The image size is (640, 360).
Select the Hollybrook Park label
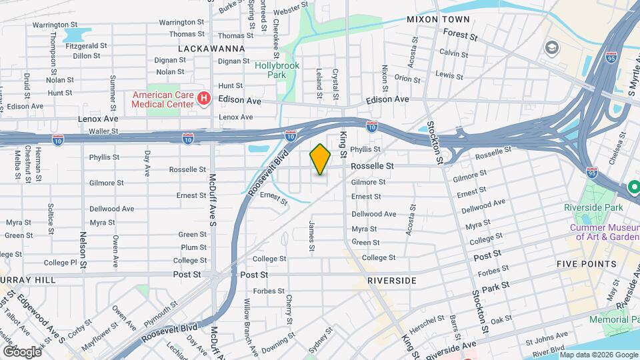tap(277, 71)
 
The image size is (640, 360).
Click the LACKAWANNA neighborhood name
tap(211, 49)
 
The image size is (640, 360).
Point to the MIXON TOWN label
tap(438, 20)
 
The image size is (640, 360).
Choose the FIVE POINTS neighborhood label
tap(587, 264)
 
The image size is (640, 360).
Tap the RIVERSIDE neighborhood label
tap(392, 281)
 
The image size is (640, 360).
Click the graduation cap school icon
tap(551, 47)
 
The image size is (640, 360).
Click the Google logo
tap(22, 351)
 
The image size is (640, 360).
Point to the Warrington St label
tap(181, 22)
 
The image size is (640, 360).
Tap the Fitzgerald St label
tap(86, 45)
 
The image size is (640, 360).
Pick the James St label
tap(311, 237)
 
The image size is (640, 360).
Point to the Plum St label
tap(193, 247)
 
